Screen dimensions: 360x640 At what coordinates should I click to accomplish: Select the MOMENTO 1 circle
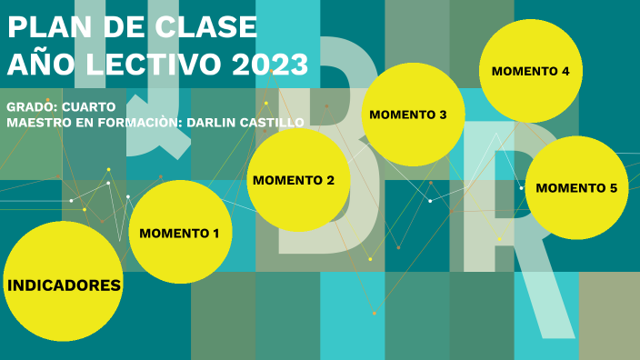[x=180, y=233]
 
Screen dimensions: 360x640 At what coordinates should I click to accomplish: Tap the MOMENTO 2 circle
[x=299, y=180]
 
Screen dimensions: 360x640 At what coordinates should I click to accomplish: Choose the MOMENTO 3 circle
[x=414, y=115]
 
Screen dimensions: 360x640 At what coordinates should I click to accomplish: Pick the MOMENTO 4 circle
[x=531, y=71]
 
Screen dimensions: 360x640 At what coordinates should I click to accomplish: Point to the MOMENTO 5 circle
[x=576, y=188]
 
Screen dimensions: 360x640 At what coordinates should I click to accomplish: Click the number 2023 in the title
[x=270, y=65]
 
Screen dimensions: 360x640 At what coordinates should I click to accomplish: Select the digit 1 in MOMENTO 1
[x=215, y=234]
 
